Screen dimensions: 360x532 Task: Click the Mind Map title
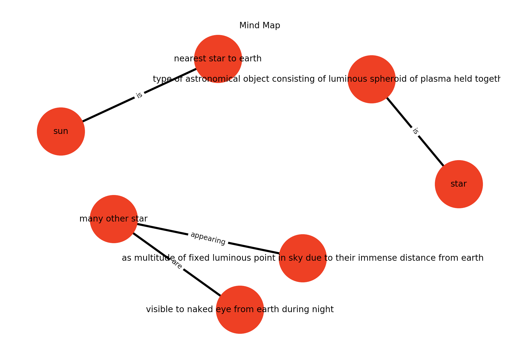tap(260, 25)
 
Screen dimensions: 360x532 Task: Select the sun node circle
tap(61, 131)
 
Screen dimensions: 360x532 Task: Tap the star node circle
tap(459, 184)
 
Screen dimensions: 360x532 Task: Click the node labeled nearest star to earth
tap(218, 59)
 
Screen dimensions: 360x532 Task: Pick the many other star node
tap(114, 219)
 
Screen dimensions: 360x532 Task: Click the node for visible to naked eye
tap(240, 310)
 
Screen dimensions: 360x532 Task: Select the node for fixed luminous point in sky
tap(303, 258)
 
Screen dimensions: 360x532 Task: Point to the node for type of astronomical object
tap(372, 79)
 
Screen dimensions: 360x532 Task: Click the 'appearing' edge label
tap(208, 239)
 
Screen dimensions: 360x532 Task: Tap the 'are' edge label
tap(177, 265)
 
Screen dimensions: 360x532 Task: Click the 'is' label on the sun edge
tap(139, 95)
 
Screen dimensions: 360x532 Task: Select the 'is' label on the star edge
tap(415, 131)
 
